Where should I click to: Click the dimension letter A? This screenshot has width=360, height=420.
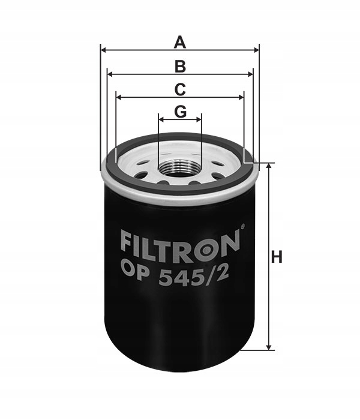180,43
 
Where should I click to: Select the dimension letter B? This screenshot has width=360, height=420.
180,67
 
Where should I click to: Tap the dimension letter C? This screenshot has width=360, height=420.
180,89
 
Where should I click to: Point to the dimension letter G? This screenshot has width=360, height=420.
180,111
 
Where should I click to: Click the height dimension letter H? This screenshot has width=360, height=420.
277,257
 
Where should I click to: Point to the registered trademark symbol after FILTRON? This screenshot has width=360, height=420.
243,227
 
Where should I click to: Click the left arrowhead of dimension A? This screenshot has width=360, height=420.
104,50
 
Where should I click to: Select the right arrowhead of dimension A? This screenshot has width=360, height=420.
256,50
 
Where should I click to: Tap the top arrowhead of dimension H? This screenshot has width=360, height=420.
269,166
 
